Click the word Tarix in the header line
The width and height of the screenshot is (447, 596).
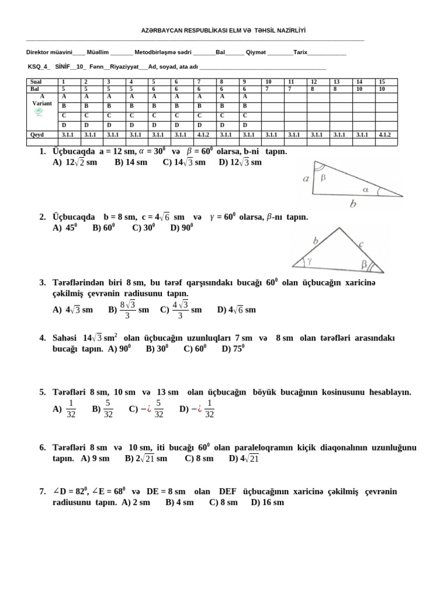point(300,52)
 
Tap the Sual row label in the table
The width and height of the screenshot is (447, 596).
point(36,82)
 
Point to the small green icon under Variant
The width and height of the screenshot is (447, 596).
point(39,112)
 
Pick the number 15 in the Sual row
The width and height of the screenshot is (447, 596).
point(382,82)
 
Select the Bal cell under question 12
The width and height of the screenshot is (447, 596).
point(314,88)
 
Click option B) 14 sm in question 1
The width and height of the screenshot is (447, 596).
point(131,162)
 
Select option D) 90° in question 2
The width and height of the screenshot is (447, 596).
point(182,228)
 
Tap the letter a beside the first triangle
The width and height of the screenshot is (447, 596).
point(306,179)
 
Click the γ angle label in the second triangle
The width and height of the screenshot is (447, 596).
point(310,261)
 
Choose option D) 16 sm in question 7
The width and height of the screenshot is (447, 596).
point(267,502)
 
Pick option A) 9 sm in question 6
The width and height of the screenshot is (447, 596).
point(95,458)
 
